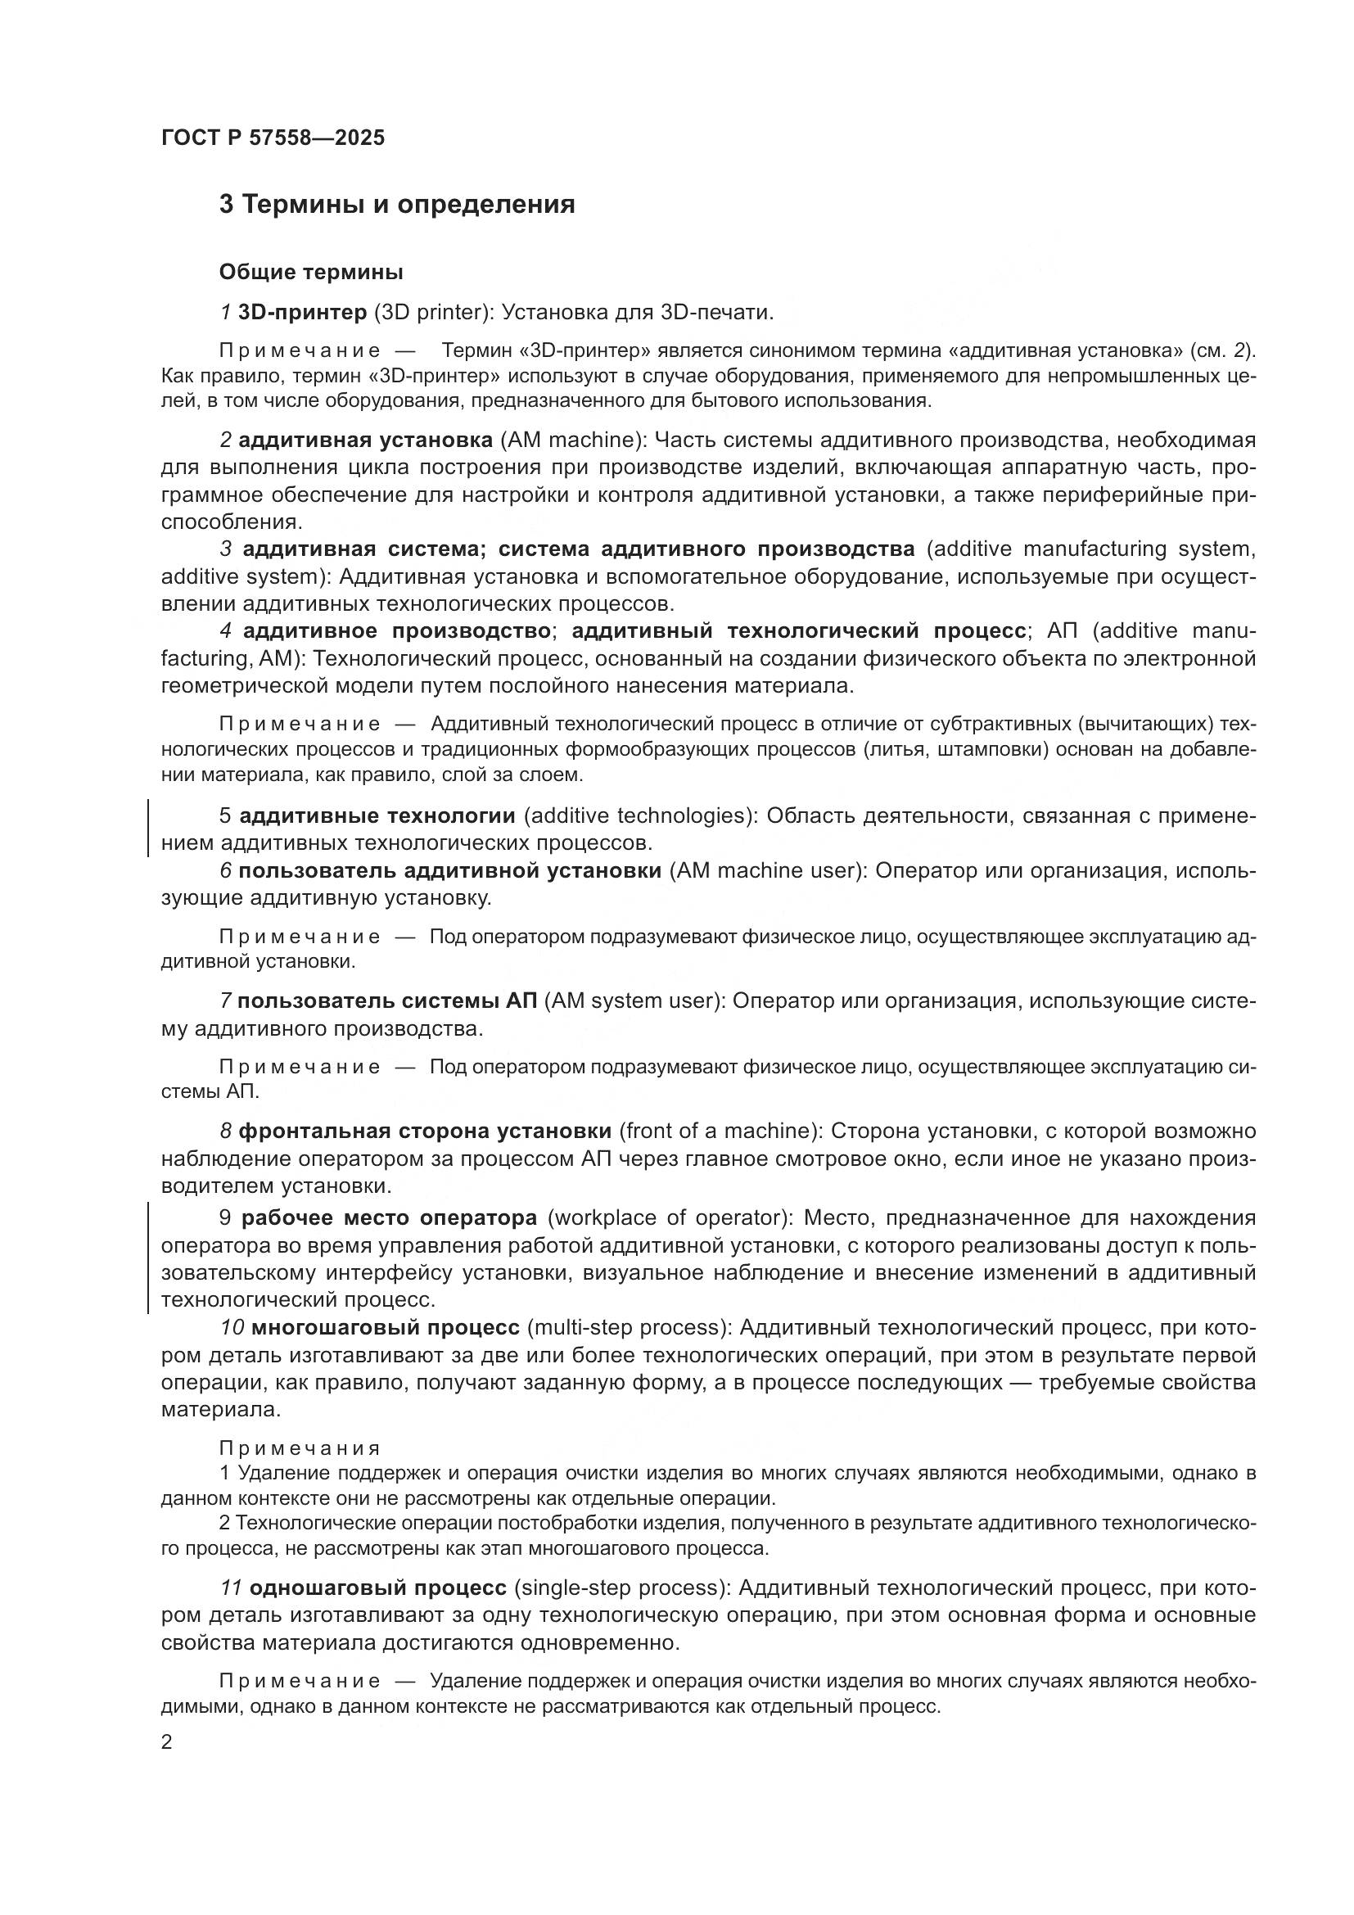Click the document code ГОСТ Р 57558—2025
[273, 138]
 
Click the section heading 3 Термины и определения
[397, 205]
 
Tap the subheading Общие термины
[311, 272]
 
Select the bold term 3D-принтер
[303, 312]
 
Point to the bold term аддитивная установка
[366, 440]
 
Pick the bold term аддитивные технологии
[377, 815]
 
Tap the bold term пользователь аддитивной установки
[450, 870]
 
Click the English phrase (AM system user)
[632, 1000]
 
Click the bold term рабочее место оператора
[390, 1217]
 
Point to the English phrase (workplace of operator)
[670, 1217]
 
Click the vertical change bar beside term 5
[148, 829]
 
